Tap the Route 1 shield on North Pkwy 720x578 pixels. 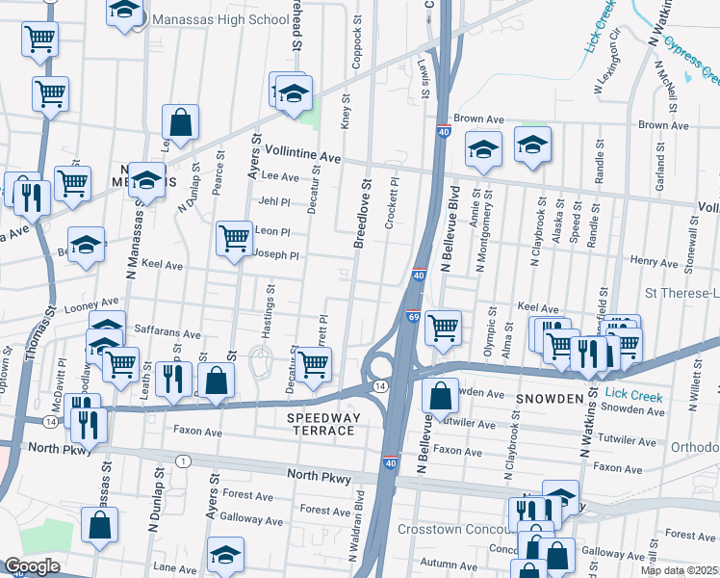(x=182, y=462)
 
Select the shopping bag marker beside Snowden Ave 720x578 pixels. (x=440, y=394)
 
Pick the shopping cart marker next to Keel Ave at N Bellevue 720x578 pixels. (x=443, y=327)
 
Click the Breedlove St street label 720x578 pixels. (x=365, y=212)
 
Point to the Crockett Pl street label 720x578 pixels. (x=392, y=203)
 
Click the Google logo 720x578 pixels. (x=32, y=566)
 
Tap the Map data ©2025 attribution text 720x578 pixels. (x=679, y=570)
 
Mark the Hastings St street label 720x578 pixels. (x=270, y=309)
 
